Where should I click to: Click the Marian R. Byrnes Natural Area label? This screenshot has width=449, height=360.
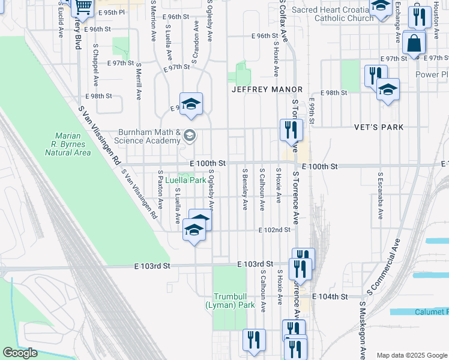(x=68, y=144)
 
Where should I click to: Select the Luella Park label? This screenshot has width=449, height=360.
(x=185, y=180)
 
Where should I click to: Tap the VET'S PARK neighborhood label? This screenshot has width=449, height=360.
(x=379, y=127)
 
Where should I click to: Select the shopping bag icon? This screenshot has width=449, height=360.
(x=414, y=43)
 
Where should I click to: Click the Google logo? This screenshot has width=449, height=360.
(x=20, y=353)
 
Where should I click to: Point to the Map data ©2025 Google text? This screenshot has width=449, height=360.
(x=411, y=355)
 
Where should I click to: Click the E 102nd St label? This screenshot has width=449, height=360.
(x=274, y=230)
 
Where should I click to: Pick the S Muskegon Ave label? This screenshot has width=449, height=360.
(x=363, y=330)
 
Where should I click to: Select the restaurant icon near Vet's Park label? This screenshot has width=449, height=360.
(x=291, y=130)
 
